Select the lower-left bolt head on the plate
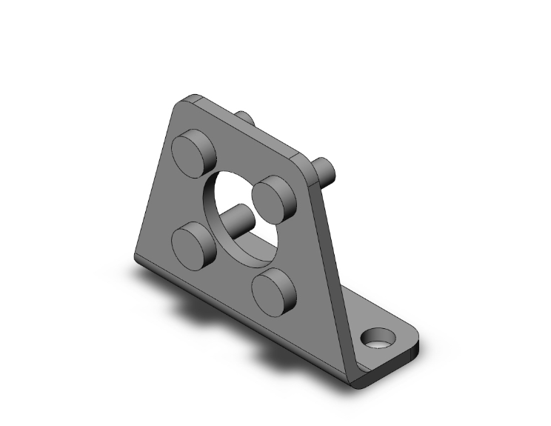193,241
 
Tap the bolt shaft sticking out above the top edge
246,118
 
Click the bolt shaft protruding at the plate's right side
327,168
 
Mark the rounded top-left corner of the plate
184,101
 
